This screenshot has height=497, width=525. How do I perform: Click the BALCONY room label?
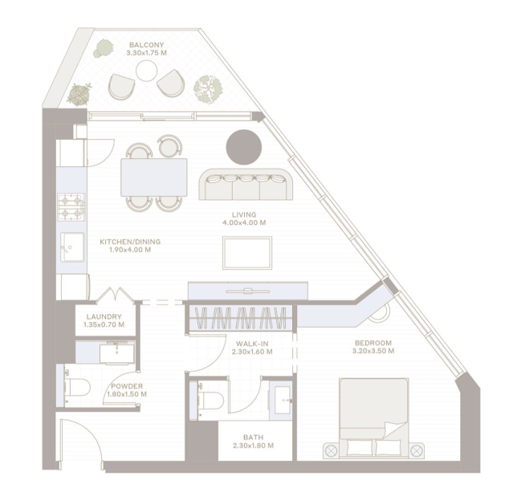point(146,45)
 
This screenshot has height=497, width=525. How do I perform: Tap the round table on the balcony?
point(146,71)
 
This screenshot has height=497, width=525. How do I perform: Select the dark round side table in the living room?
point(244,148)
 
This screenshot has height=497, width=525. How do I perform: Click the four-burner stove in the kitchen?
point(71,206)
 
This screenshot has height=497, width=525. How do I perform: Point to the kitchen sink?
point(72,247)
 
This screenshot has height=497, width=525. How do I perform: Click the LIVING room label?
point(244,214)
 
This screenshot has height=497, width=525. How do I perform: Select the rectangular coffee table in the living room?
point(247,253)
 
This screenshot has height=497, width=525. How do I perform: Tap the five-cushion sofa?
point(246,185)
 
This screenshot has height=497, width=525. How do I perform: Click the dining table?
point(153,177)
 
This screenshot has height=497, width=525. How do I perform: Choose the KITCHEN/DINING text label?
point(130,242)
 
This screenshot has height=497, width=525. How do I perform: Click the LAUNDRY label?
point(104,316)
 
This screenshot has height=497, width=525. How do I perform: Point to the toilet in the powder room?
point(77,388)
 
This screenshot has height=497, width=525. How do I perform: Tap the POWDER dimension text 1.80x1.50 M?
point(127,394)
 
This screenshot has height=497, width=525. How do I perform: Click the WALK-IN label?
point(252,344)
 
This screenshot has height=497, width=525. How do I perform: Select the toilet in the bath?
point(210,400)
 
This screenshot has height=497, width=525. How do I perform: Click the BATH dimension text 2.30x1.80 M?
point(254,446)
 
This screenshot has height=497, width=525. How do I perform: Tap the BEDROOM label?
point(373,343)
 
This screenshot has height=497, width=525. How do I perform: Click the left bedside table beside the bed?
point(332,450)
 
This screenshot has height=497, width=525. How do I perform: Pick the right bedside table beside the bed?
point(416,450)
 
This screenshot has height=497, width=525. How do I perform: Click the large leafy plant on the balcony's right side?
point(208,88)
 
